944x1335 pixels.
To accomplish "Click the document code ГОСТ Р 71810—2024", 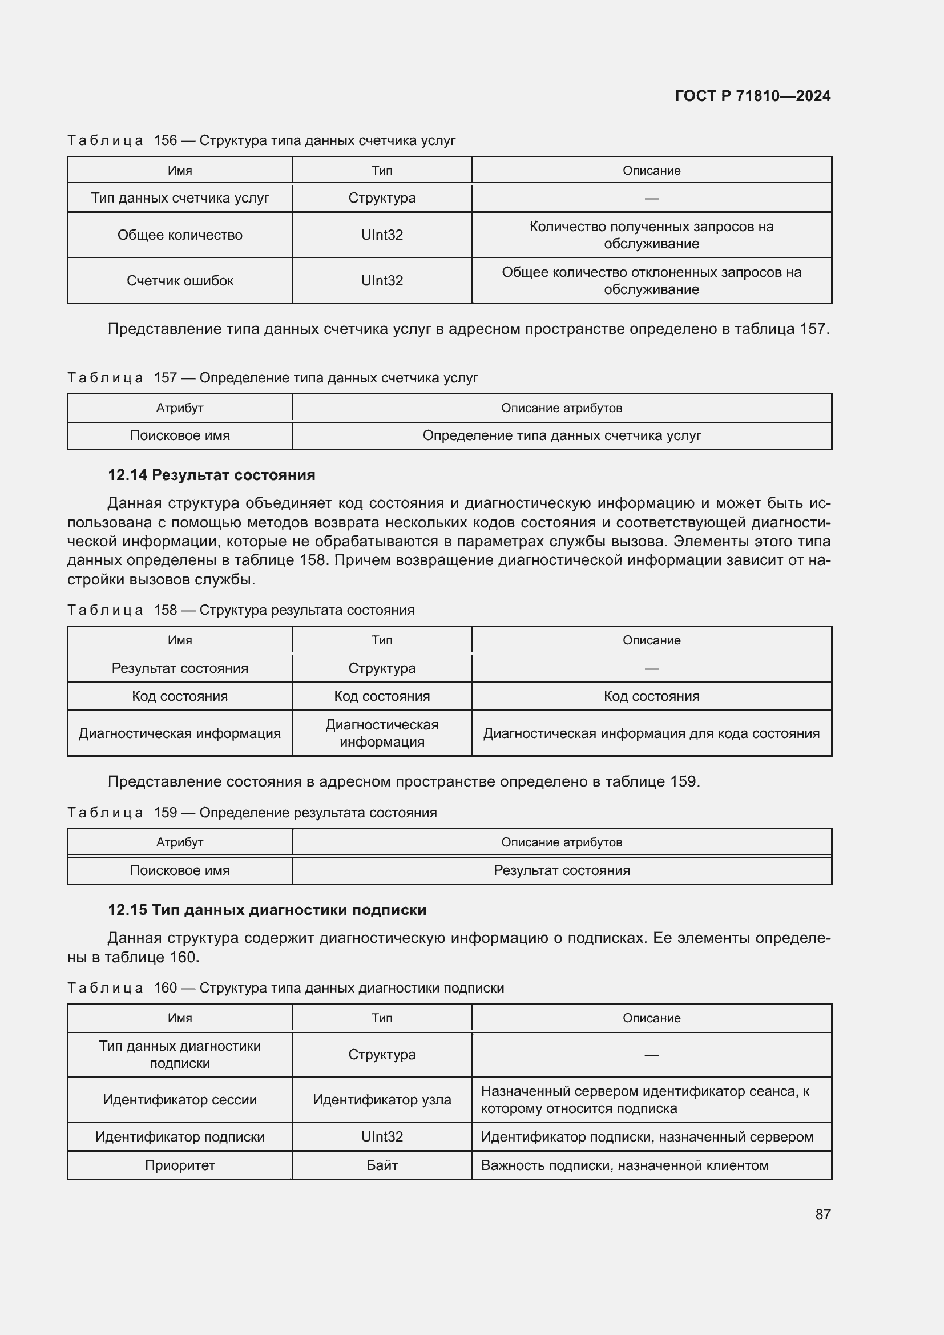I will (x=752, y=96).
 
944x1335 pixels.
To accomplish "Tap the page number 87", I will (x=822, y=1214).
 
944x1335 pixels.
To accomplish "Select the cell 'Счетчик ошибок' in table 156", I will (x=180, y=281).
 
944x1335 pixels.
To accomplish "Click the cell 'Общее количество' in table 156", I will (x=180, y=235).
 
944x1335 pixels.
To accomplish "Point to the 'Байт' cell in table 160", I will (x=382, y=1165).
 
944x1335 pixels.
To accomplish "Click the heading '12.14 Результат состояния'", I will (x=212, y=475).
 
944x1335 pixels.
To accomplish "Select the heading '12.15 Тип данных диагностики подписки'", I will (x=267, y=910).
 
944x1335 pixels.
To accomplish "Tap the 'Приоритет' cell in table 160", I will (x=180, y=1165).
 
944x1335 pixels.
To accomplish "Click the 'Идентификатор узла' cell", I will (x=382, y=1099).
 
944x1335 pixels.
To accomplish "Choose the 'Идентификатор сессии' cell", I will (x=180, y=1099).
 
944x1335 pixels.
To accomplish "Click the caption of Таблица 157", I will (x=273, y=378).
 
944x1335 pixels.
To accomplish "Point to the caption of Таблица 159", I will (x=252, y=812).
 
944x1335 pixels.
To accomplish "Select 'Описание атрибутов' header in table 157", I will (x=562, y=408).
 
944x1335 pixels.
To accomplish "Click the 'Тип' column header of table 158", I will (x=382, y=640).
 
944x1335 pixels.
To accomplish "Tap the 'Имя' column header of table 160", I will (x=180, y=1018).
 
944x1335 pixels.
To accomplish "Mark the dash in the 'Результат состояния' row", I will (x=651, y=669).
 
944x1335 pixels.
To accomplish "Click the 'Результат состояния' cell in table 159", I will (x=562, y=870).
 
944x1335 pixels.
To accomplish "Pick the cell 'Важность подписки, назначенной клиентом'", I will (x=624, y=1165).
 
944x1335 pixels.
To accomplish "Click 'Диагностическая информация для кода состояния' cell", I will (x=651, y=733).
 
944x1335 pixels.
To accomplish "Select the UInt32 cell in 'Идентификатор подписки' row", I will (x=382, y=1137).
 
